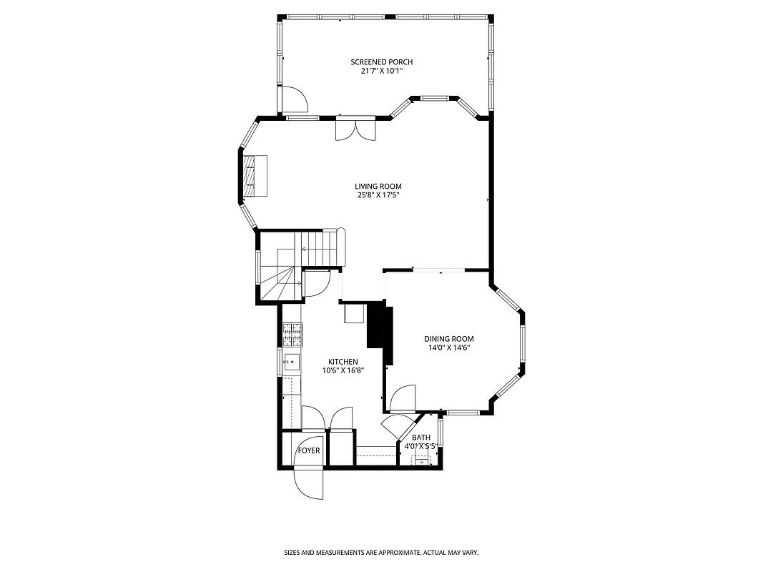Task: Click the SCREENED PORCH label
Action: coord(381,62)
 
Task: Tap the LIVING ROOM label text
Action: coord(378,187)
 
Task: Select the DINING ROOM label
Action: coord(449,339)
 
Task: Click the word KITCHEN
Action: coord(343,362)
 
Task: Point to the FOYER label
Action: coord(309,451)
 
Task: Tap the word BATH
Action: coord(421,438)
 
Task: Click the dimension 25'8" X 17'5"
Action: coord(378,195)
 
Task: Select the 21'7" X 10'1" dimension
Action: coord(381,71)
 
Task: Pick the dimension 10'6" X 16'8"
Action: coord(343,370)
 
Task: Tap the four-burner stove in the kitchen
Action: coord(292,332)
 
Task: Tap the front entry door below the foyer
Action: coord(310,483)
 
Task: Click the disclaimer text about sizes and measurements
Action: coord(381,553)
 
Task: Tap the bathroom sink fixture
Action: coord(422,462)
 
